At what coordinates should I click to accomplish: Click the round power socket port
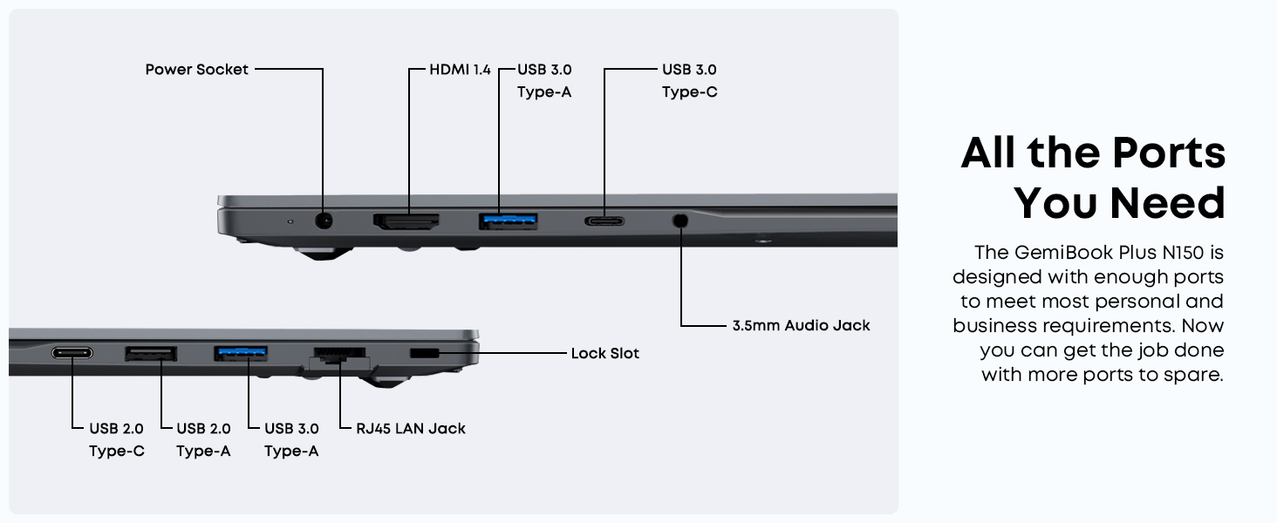[324, 221]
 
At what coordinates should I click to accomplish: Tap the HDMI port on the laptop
[406, 221]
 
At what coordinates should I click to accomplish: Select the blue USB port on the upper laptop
[508, 221]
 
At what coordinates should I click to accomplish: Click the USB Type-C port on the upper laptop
[604, 221]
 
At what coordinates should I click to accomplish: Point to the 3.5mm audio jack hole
[681, 221]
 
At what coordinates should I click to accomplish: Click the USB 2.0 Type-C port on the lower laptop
[72, 353]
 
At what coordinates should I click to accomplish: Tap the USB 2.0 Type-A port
[151, 353]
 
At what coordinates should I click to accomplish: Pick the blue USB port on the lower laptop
[241, 353]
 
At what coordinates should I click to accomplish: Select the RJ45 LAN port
[339, 356]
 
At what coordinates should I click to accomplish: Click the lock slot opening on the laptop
[425, 353]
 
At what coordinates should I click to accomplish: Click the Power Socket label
[197, 70]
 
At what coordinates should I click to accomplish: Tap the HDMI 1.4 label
[460, 70]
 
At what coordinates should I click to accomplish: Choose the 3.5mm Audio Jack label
[801, 326]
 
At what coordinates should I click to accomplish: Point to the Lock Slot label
[604, 354]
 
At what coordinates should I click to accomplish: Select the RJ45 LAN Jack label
[411, 429]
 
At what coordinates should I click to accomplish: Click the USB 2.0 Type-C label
[116, 439]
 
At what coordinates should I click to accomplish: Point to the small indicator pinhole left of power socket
[290, 221]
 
